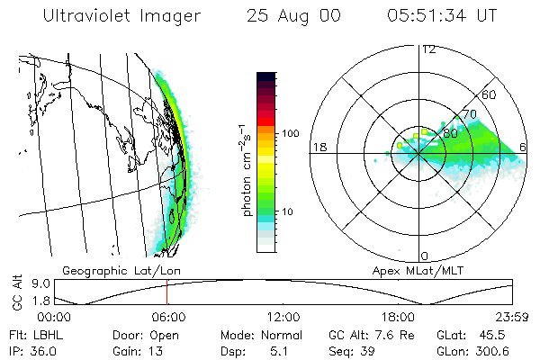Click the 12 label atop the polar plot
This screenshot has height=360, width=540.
pos(428,49)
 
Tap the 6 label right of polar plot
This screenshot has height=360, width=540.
pos(524,147)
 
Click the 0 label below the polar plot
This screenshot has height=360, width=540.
pos(425,256)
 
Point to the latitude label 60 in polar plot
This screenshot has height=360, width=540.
pos(490,94)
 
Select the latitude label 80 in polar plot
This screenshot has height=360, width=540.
pos(451,132)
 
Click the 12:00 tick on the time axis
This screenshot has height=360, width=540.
pos(283,317)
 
